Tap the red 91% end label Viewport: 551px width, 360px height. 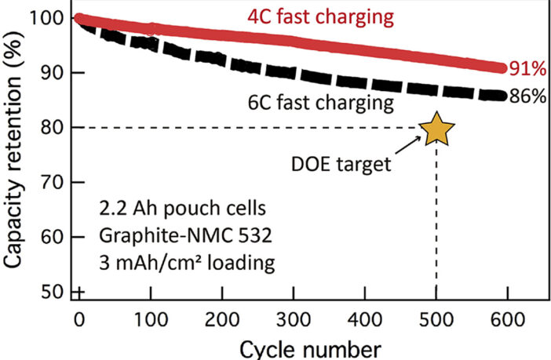pos(527,69)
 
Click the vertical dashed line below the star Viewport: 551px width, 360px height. pos(436,227)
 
